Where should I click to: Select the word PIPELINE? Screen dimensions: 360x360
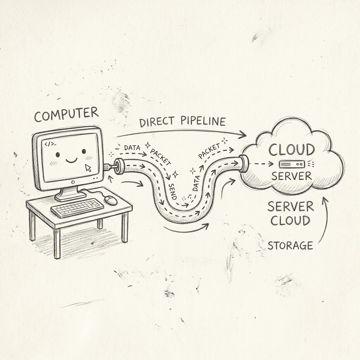tap(203, 121)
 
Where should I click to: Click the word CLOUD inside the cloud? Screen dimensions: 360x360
tap(291, 150)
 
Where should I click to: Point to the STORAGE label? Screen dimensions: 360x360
tap(290, 245)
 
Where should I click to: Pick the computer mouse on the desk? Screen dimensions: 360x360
tap(111, 200)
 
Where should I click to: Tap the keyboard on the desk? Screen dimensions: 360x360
tap(77, 207)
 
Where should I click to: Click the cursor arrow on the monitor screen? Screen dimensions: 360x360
tap(88, 168)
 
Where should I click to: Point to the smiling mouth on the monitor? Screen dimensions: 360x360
tap(71, 160)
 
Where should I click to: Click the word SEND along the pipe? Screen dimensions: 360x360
tap(173, 192)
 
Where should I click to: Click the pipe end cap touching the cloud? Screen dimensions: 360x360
tap(244, 163)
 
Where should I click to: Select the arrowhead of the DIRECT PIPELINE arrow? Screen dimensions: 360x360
tap(243, 134)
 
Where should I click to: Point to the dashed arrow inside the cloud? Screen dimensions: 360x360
tap(261, 164)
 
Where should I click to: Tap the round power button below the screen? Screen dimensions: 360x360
tap(73, 182)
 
